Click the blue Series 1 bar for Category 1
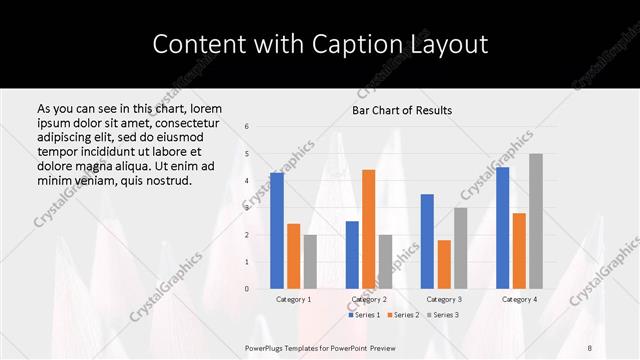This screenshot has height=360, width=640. pyautogui.click(x=277, y=231)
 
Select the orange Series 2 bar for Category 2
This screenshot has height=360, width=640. pyautogui.click(x=369, y=229)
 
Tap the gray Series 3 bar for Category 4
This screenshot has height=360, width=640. pyautogui.click(x=536, y=221)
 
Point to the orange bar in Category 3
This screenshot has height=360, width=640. pyautogui.click(x=444, y=264)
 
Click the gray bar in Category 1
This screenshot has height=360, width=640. pyautogui.click(x=310, y=262)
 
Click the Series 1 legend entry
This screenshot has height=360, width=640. pyautogui.click(x=364, y=315)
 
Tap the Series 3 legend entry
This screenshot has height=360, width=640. pyautogui.click(x=443, y=315)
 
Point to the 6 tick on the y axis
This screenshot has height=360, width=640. pyautogui.click(x=247, y=127)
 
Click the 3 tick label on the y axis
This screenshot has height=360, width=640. pyautogui.click(x=247, y=208)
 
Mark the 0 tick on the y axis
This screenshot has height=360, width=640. pyautogui.click(x=247, y=289)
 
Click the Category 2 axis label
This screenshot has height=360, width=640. pyautogui.click(x=369, y=299)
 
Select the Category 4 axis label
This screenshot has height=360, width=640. pyautogui.click(x=519, y=299)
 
